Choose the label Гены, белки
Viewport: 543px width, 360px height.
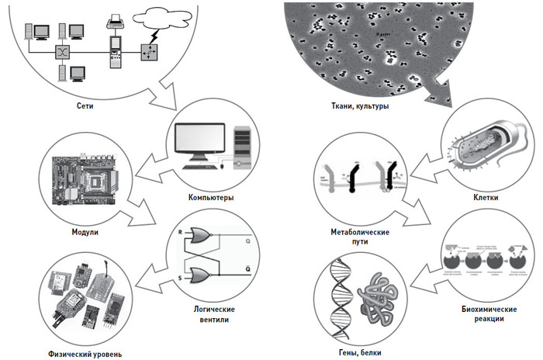click(x=361, y=355)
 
